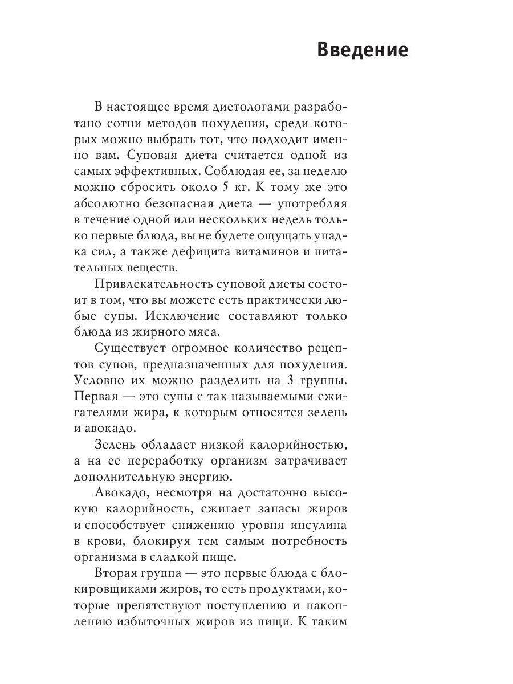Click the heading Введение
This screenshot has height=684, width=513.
click(x=362, y=50)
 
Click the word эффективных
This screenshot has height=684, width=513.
click(x=158, y=171)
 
